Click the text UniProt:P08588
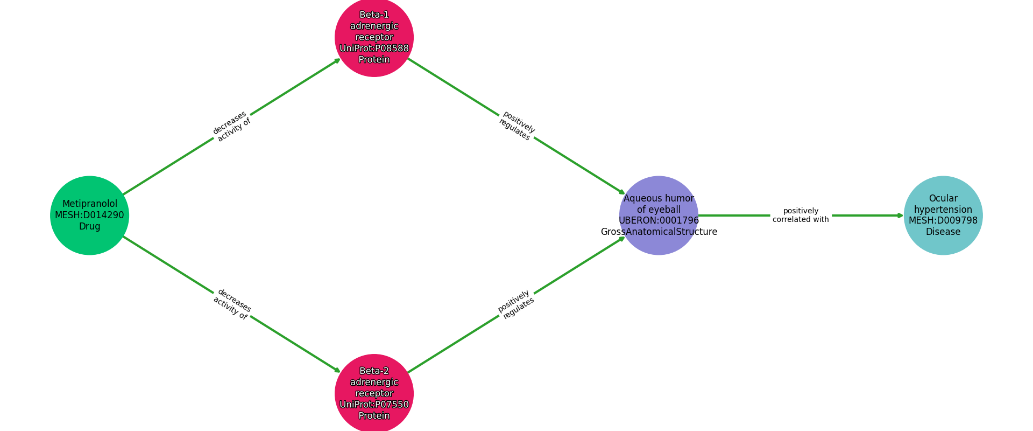(374, 48)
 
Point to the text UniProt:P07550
(374, 405)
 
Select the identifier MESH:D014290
(89, 215)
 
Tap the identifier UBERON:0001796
(659, 220)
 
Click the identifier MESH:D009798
(943, 220)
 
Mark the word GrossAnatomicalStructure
(659, 232)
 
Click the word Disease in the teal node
(943, 232)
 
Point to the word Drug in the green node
(89, 226)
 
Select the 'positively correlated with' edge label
(801, 215)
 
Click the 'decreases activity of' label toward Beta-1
(232, 127)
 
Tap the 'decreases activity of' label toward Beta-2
(232, 304)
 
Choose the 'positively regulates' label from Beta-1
(516, 126)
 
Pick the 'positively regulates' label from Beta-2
(516, 304)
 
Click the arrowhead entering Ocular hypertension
(901, 215)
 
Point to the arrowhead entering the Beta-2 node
(338, 371)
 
